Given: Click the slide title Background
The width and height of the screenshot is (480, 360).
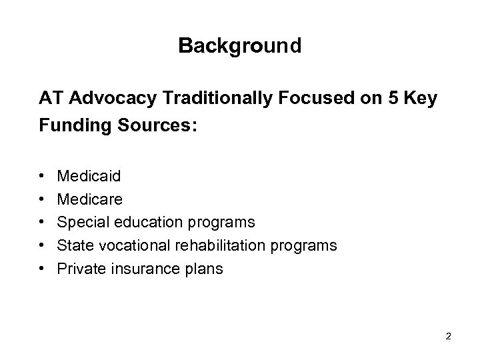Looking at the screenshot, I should [240, 46].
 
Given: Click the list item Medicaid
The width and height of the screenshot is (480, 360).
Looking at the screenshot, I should [89, 177].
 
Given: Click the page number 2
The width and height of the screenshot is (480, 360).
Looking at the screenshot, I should [449, 336].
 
